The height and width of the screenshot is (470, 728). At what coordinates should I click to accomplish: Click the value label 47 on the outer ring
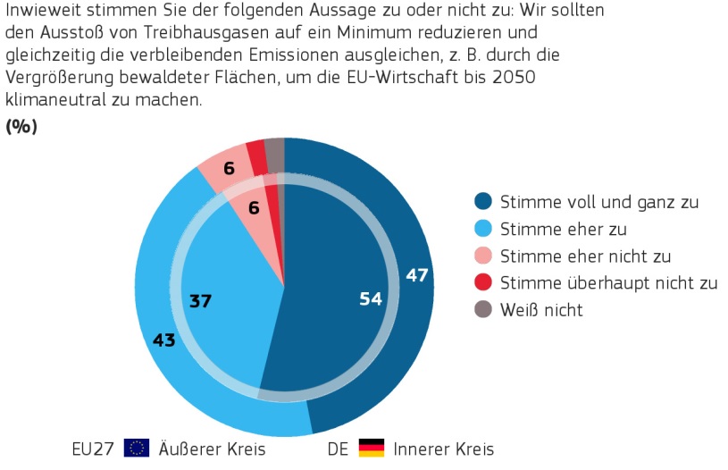417,275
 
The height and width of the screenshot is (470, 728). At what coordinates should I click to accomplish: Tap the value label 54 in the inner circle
370,299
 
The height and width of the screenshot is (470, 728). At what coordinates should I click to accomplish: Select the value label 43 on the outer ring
163,340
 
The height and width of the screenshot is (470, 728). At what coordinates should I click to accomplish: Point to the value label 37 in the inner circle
200,301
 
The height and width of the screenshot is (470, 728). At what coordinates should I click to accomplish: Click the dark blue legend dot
483,201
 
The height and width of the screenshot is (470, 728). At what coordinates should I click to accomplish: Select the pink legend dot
483,256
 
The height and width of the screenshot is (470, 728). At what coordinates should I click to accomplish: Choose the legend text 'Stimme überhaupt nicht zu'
609,283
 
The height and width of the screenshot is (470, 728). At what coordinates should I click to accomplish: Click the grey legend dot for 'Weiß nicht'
483,310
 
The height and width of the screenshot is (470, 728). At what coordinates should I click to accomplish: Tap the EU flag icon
137,448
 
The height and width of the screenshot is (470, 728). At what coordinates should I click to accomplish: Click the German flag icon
371,448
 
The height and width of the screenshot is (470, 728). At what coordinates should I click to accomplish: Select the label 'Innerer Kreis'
443,448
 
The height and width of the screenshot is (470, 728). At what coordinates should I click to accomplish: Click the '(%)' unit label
21,127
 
